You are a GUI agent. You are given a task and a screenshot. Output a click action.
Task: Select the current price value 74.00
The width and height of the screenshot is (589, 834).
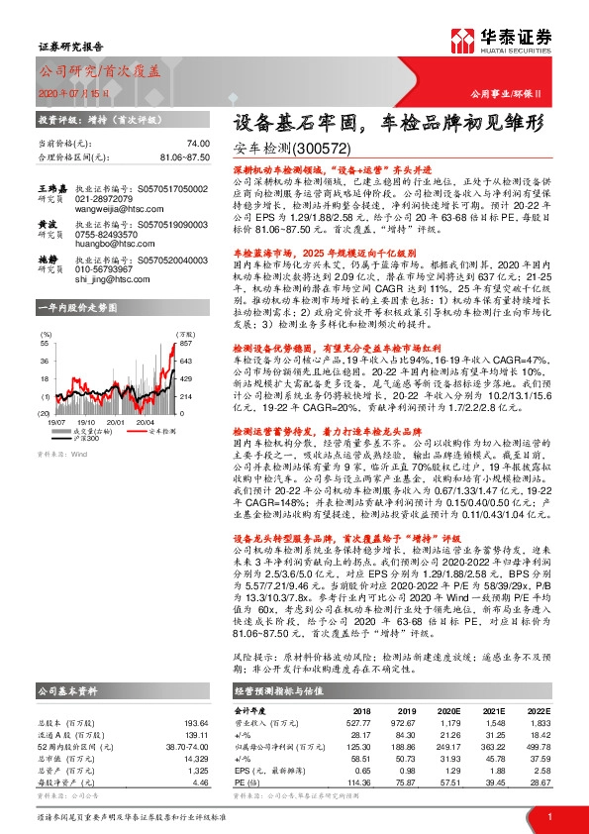pyautogui.click(x=199, y=144)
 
